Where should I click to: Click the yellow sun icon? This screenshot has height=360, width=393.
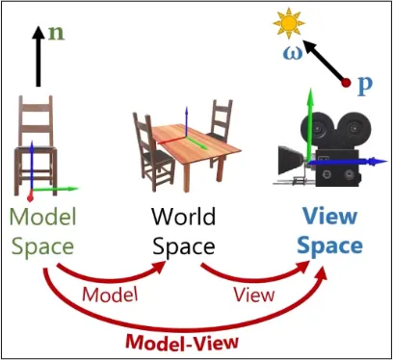click(287, 20)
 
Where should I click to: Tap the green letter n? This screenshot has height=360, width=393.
click(58, 31)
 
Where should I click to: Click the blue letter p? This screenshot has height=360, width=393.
click(365, 85)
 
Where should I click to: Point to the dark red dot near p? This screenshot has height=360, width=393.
click(346, 86)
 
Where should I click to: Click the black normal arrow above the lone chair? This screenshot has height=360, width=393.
click(39, 58)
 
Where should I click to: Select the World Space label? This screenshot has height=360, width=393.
click(184, 231)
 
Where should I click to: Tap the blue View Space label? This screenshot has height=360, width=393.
click(329, 231)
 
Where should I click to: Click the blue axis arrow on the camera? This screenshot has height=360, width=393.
click(362, 164)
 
